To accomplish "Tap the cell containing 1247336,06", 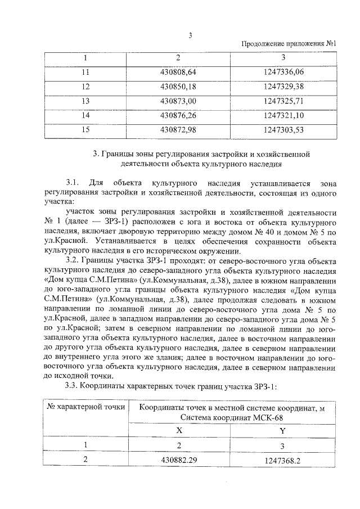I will pyautogui.click(x=283, y=72).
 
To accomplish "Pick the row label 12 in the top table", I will pyautogui.click(x=85, y=87).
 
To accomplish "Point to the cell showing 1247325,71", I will pyautogui.click(x=283, y=101).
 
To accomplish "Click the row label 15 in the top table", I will pyautogui.click(x=85, y=130).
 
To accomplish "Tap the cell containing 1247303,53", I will pyautogui.click(x=283, y=130).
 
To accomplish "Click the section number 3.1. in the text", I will pyautogui.click(x=74, y=183).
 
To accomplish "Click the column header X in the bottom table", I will pyautogui.click(x=179, y=430).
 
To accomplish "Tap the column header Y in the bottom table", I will pyautogui.click(x=283, y=430).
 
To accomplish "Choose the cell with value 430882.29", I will pyautogui.click(x=179, y=460).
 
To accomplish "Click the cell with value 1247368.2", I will pyautogui.click(x=283, y=460).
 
